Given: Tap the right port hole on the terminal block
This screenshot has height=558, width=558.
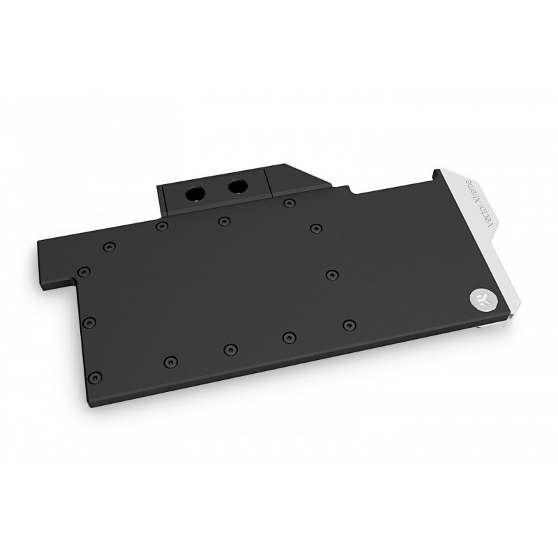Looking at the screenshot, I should click(x=238, y=186).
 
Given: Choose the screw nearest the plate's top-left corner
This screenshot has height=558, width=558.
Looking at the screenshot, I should click(x=107, y=246).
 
